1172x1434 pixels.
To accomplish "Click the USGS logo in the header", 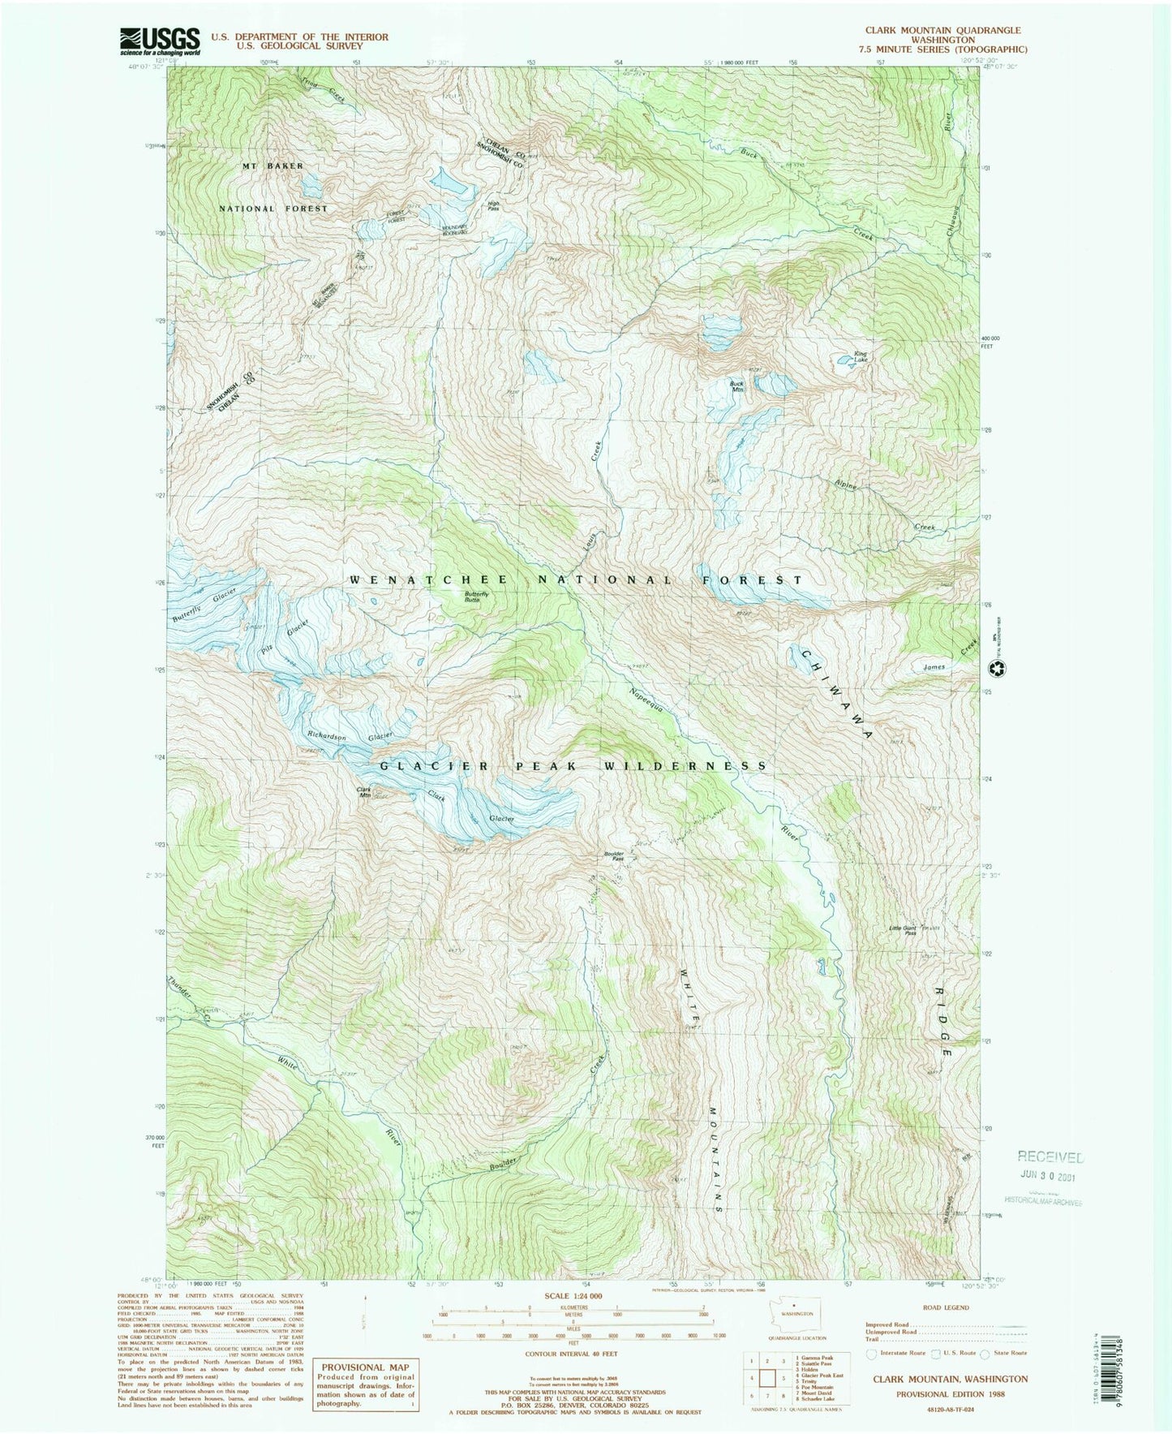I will coord(160,41).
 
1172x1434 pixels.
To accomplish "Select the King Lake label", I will coord(860,357).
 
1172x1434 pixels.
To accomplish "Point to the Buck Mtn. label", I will coord(736,387).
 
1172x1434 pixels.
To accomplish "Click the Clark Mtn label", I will coord(364,792).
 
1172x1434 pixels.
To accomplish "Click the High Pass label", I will coord(493,206).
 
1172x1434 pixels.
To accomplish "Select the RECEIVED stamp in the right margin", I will coord(1050,1157).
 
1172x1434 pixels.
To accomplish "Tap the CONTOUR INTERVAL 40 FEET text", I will coord(573,1354).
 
